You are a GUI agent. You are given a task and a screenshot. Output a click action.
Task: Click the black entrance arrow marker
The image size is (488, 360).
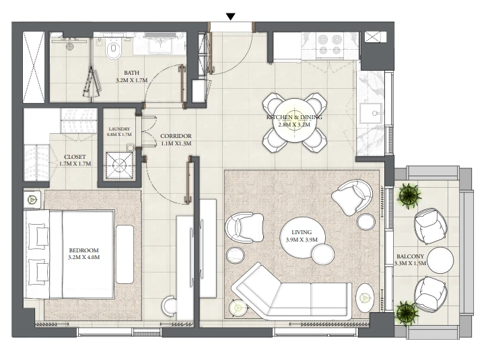[230, 17]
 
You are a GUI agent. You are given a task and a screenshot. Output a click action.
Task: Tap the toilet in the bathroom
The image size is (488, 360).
[112, 49]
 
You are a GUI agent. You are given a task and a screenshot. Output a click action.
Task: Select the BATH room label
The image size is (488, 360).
[132, 73]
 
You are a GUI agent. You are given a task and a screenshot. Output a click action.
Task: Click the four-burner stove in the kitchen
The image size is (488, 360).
[330, 46]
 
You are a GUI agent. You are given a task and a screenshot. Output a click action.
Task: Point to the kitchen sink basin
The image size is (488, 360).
[372, 113]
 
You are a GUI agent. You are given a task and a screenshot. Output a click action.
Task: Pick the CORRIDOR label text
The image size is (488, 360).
[176, 137]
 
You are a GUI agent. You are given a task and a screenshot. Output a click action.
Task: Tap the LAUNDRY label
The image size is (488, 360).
[119, 129]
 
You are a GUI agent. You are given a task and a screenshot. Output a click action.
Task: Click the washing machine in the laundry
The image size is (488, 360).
[119, 166]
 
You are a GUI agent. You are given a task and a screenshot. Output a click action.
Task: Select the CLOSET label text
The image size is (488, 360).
[75, 157]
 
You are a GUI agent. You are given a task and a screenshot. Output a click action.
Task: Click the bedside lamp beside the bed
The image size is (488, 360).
[32, 199]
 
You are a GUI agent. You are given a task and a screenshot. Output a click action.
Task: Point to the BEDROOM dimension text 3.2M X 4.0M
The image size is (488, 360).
[83, 257]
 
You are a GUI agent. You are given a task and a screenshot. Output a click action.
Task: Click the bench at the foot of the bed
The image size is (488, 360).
[125, 254]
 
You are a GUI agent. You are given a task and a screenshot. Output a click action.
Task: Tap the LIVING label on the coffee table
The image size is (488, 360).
[302, 232]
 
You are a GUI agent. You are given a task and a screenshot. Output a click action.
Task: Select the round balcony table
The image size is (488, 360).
[440, 260]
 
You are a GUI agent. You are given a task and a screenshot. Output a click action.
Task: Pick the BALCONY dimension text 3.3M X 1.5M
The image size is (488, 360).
[410, 263]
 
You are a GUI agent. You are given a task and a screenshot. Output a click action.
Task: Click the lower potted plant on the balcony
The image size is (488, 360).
[405, 312]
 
